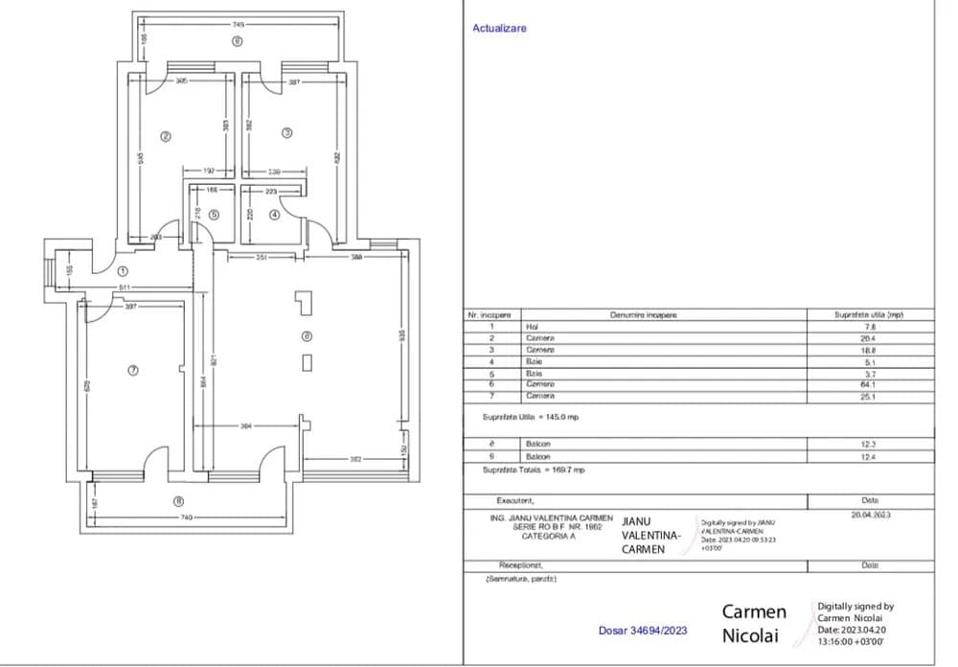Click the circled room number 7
point(133,369)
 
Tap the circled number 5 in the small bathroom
point(215,215)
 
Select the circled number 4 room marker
point(275,215)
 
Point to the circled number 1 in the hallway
point(122,270)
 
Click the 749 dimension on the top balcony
point(237,23)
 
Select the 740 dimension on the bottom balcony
point(186,517)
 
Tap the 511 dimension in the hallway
point(125,287)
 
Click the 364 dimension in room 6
point(246,426)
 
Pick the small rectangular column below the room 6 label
point(307,361)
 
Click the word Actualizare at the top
point(499,29)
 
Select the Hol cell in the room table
point(533,327)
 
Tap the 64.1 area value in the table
point(870,384)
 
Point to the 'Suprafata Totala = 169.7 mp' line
point(535,471)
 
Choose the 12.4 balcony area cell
point(870,457)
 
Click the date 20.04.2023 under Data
point(870,515)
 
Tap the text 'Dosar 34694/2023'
point(642,631)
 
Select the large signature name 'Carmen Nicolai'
point(754,623)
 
